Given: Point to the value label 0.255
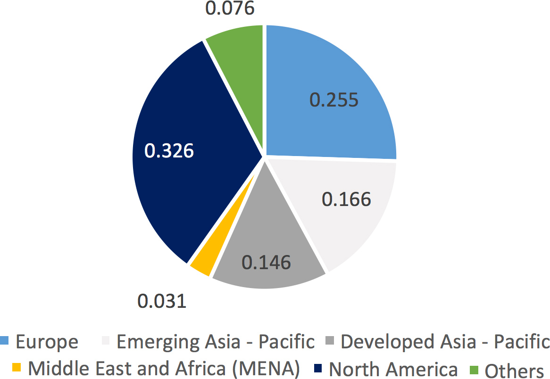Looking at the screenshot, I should [334, 100].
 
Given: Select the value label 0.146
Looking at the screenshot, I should [266, 262].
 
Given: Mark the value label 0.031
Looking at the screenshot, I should [162, 301].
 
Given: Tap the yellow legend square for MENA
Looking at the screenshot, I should [17, 366].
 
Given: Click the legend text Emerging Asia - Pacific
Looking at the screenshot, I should [215, 342].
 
